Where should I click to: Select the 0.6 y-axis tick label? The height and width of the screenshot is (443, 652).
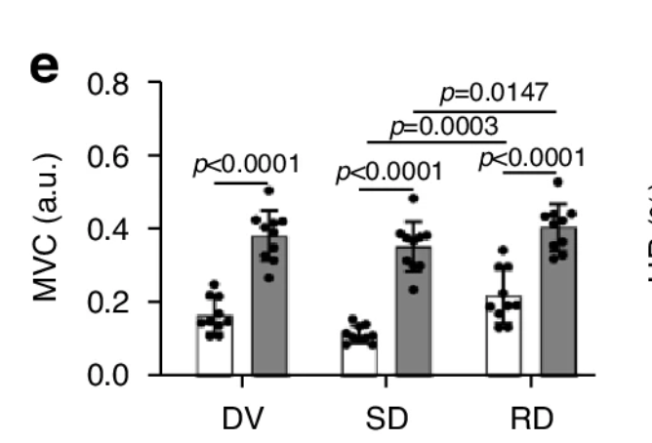[x=109, y=156]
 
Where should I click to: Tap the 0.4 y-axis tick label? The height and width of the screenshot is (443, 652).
[x=109, y=229]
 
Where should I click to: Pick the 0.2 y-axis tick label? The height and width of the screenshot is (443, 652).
[x=109, y=302]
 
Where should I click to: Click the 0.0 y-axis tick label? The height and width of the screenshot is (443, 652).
[x=109, y=375]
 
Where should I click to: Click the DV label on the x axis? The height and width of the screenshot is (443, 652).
[x=243, y=417]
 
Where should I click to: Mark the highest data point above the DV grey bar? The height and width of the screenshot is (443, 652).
[x=268, y=190]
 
